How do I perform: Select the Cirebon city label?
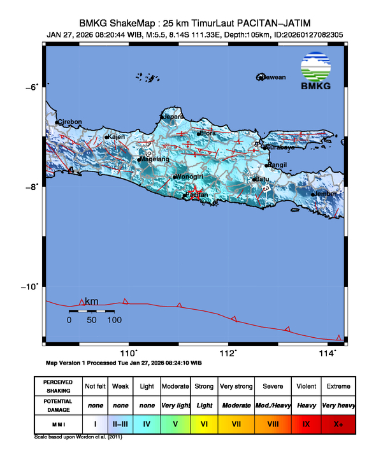[x=70, y=122]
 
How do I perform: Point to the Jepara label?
[x=174, y=117]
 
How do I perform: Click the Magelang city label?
[x=155, y=159]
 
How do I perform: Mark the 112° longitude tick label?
[x=228, y=353]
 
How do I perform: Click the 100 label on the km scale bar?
[x=115, y=320]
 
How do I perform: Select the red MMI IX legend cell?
[x=306, y=423]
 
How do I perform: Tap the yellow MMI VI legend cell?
[x=204, y=423]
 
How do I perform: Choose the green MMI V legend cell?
[x=175, y=423]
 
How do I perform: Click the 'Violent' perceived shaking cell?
[x=306, y=386]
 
